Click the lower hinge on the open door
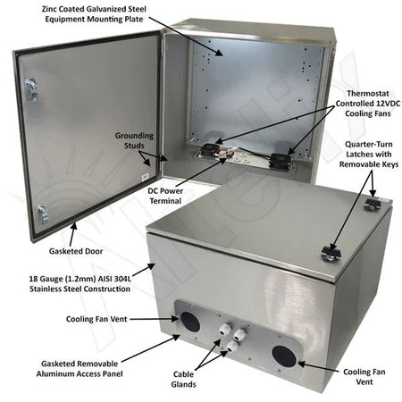[x=42, y=212]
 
